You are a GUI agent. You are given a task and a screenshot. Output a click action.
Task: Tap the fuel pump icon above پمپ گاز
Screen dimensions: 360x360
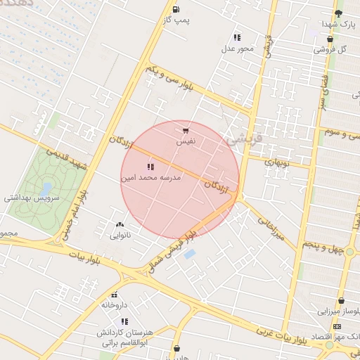click(x=175, y=9)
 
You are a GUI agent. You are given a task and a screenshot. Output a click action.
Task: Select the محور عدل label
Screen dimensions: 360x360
click(x=237, y=49)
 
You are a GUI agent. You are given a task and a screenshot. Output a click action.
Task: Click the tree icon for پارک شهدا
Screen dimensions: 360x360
click(x=339, y=13)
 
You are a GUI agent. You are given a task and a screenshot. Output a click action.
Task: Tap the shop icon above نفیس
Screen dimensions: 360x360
click(x=185, y=130)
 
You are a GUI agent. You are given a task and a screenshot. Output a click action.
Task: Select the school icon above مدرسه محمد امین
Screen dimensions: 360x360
click(x=150, y=167)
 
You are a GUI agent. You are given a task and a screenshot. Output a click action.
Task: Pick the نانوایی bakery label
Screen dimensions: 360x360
click(x=119, y=236)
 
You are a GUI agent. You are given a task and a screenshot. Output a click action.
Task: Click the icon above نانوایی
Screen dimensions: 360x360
click(x=119, y=225)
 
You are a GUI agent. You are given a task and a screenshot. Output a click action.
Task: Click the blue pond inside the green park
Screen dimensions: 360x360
click(x=46, y=188)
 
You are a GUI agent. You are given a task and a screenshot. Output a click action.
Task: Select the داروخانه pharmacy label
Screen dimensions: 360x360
click(x=115, y=305)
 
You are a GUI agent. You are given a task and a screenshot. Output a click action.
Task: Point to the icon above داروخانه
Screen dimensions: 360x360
click(x=115, y=295)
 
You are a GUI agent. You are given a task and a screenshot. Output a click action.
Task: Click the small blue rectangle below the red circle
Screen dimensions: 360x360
click(x=188, y=254)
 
